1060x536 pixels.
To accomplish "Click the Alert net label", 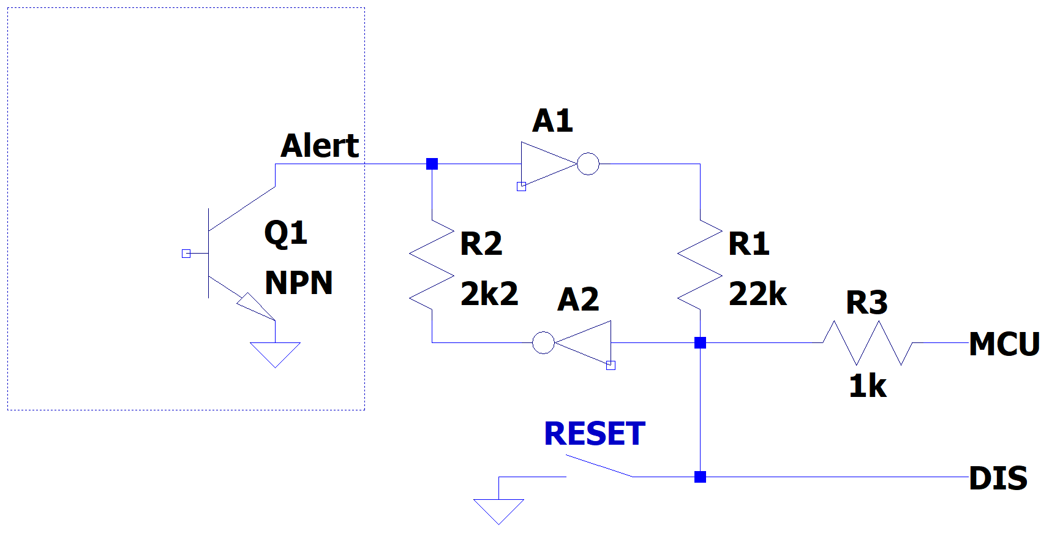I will pos(320,146).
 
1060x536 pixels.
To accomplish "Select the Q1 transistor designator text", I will pos(285,233).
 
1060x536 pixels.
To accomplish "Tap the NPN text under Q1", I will pos(299,283).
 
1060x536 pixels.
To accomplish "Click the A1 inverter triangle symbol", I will pos(545,164).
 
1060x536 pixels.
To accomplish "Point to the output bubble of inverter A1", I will pos(588,164).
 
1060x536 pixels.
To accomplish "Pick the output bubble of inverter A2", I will pos(543,342).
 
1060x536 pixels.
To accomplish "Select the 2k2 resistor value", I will pos(489,294).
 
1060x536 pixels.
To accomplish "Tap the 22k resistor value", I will pos(757,294).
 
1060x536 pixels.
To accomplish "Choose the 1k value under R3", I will pos(868,386).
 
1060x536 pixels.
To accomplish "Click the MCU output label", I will pos(1004,344).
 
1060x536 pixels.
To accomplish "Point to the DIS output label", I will pos(998,478).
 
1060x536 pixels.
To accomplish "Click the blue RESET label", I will pos(595,434).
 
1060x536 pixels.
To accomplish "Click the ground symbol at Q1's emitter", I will pos(275,354).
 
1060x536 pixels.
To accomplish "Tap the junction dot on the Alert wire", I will pos(432,164).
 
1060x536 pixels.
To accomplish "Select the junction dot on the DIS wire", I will pos(700,477).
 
